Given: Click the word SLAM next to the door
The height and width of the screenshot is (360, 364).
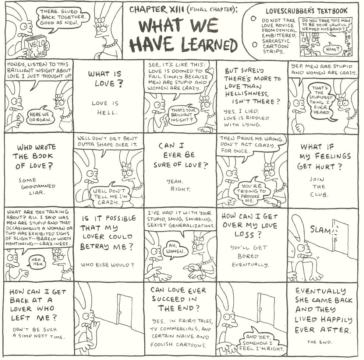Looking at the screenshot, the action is (x=320, y=230).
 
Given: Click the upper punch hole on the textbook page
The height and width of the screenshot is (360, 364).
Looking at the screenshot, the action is (x=254, y=18).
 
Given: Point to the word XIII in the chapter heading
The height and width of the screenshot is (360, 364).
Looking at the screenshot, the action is (x=177, y=10).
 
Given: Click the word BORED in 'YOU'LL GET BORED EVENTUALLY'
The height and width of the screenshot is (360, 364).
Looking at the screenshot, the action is (x=248, y=256).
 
